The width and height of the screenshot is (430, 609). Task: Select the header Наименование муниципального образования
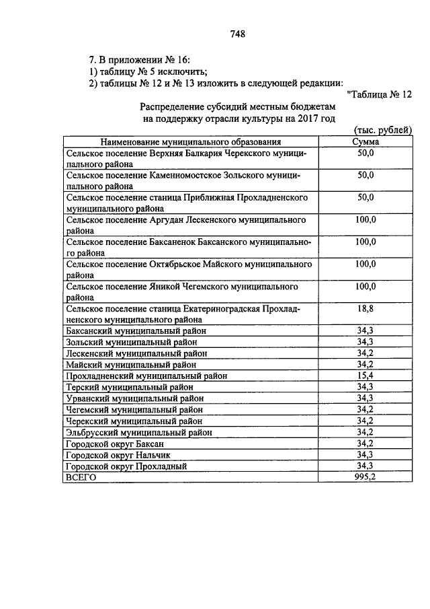[x=191, y=142]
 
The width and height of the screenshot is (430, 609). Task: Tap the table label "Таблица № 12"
[x=380, y=94]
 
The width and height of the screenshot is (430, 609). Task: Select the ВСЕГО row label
[x=81, y=476]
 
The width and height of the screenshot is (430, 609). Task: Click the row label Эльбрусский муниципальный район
[x=139, y=432]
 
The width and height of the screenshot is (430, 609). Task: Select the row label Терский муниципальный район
[x=130, y=386]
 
